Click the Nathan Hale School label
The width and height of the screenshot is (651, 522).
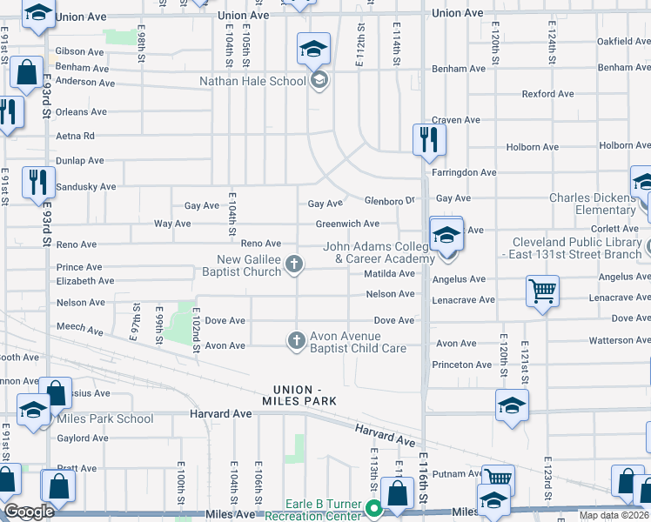tap(252, 81)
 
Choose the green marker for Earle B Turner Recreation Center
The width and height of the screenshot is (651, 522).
tap(375, 510)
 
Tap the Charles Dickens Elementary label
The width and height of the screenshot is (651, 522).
tap(592, 204)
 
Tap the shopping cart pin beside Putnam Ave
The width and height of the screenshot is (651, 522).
tap(498, 478)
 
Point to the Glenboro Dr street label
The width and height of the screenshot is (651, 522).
tap(389, 200)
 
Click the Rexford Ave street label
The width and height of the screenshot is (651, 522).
tap(547, 94)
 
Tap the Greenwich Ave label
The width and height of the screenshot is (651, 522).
tap(347, 224)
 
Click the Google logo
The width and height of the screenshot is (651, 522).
tap(29, 512)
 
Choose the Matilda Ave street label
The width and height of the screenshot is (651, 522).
tap(389, 273)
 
